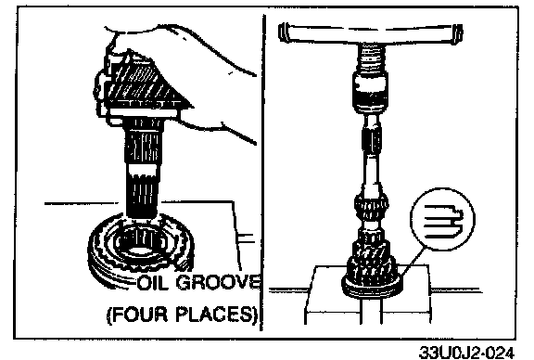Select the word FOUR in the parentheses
(x=140, y=315)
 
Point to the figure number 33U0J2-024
(x=466, y=352)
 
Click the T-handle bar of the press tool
(x=370, y=33)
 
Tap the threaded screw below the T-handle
(x=370, y=58)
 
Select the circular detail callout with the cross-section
(x=442, y=219)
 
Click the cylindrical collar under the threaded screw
(x=370, y=91)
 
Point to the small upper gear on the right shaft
(x=371, y=206)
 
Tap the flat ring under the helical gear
(x=373, y=287)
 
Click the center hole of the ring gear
(x=140, y=243)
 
